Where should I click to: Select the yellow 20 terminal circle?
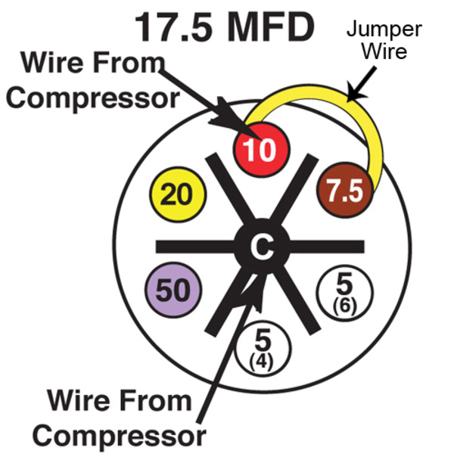click(178, 195)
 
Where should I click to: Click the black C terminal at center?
click(261, 246)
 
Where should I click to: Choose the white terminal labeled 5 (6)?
click(344, 293)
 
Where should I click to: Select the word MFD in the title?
click(269, 27)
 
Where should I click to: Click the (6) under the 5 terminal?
click(344, 306)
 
